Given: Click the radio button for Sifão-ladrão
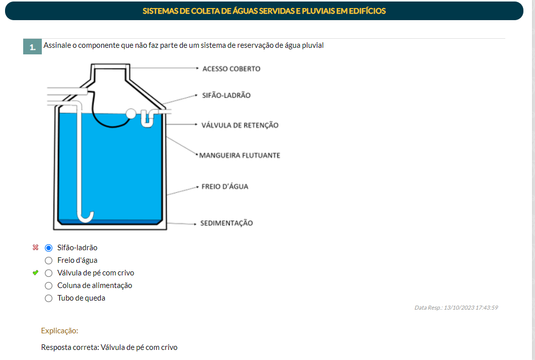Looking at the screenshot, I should point(49,248).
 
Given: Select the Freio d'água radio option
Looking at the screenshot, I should point(49,260).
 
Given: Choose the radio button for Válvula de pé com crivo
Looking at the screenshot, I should point(49,273).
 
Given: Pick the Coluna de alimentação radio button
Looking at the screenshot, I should point(49,285).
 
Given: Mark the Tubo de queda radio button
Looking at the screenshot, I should point(49,298).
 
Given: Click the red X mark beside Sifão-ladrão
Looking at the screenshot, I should point(35,247).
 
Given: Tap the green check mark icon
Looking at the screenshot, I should point(35,273).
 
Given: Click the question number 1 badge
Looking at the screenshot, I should point(32,47).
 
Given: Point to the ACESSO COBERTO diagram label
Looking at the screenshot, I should point(231,68).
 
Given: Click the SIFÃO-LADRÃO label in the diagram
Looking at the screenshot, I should point(226,95).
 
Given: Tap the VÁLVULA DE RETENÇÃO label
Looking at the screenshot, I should point(240,125).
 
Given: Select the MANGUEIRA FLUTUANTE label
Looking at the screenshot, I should point(240,155).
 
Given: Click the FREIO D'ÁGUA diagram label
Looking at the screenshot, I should point(225,186).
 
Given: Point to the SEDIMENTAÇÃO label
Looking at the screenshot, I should point(227,223).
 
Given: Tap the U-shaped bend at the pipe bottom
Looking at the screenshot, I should point(86,217).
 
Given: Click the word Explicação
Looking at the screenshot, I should point(59,331).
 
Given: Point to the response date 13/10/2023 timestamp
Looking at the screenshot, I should point(456,308).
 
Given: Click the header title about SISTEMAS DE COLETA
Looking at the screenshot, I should point(264,11).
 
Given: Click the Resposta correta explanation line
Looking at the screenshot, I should point(109,347).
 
